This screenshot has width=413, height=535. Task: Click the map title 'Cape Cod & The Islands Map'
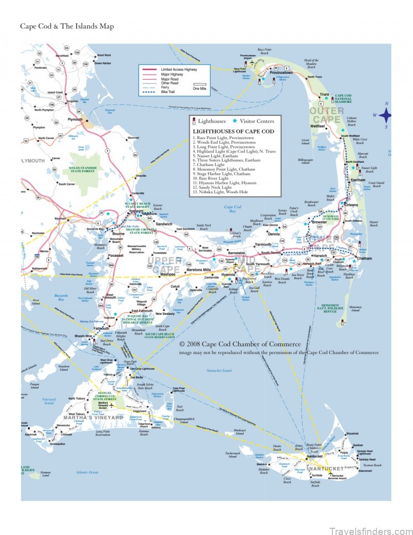click(67, 26)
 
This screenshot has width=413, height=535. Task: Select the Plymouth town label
click(75, 119)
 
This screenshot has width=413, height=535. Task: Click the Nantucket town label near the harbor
click(314, 456)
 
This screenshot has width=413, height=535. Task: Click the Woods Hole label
click(83, 336)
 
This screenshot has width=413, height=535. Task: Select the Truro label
click(324, 95)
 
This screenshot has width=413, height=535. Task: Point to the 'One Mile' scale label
click(199, 88)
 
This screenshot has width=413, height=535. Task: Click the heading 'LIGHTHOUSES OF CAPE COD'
click(227, 131)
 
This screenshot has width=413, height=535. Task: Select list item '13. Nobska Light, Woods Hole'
click(220, 192)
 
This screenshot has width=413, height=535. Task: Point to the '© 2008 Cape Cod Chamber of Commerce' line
click(240, 344)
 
